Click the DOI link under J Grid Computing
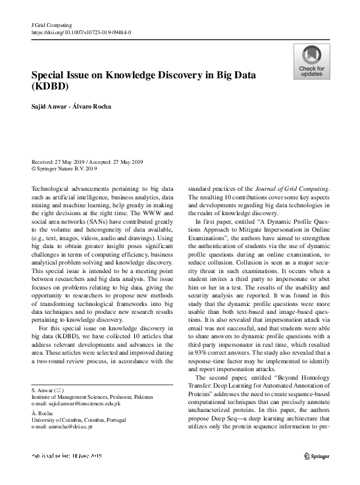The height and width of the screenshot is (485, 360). (81, 31)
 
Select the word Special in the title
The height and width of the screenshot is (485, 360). (53, 74)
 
